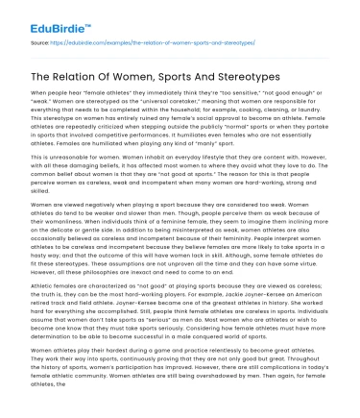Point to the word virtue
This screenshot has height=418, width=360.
[x=314, y=266]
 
